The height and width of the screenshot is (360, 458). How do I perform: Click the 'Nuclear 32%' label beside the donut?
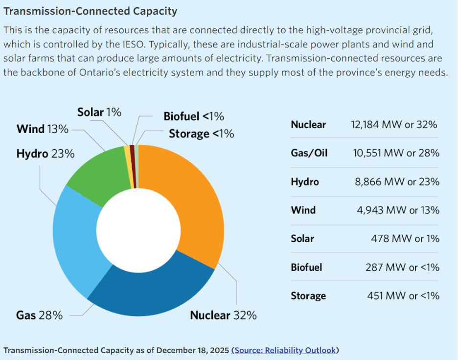[x=223, y=315]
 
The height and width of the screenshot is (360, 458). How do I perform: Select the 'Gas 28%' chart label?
[x=39, y=315]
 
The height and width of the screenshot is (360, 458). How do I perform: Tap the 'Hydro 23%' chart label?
[x=46, y=154]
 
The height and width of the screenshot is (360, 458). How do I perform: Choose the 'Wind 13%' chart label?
[x=43, y=129]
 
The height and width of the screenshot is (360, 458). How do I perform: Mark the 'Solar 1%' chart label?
[x=99, y=112]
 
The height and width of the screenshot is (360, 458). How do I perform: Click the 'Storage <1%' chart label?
[x=201, y=134]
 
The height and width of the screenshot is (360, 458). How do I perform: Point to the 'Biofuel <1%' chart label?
[x=194, y=116]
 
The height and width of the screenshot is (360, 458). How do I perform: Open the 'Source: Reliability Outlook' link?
[x=285, y=350]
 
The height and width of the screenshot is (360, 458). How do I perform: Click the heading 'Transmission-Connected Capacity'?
[x=91, y=11]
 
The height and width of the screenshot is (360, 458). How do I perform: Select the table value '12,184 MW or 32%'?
[x=394, y=124]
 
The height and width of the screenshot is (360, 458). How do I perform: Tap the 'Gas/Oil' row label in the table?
[x=309, y=153]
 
